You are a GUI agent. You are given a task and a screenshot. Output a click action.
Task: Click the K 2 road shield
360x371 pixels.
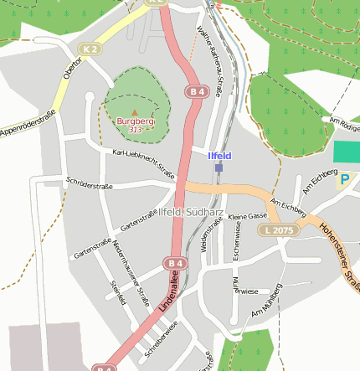pyautogui.click(x=90, y=49)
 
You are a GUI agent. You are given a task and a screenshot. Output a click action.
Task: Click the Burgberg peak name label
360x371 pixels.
pyautogui.click(x=135, y=121)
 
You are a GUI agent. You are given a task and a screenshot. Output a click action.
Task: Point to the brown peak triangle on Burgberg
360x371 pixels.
pyautogui.click(x=134, y=111)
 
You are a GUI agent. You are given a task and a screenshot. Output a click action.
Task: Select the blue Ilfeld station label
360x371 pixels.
pyautogui.click(x=219, y=156)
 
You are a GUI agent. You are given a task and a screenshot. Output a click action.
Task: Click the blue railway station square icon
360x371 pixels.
pyautogui.click(x=219, y=167)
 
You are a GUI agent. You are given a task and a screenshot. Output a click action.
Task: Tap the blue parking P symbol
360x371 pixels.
pyautogui.click(x=343, y=179)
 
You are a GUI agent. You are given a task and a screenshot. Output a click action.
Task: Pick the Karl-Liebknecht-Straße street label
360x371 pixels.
pyautogui.click(x=143, y=164)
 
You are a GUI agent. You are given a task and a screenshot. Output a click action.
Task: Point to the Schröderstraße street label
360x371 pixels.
pyautogui.click(x=89, y=183)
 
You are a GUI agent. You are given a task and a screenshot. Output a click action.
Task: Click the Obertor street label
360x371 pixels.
pyautogui.click(x=72, y=70)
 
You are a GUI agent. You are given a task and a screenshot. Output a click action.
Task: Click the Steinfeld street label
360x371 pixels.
pyautogui.click(x=117, y=293)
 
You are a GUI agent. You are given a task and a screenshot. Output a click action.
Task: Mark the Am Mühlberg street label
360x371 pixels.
pyautogui.click(x=267, y=301)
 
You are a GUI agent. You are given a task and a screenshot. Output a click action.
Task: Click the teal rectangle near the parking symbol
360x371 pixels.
pyautogui.click(x=346, y=152)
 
